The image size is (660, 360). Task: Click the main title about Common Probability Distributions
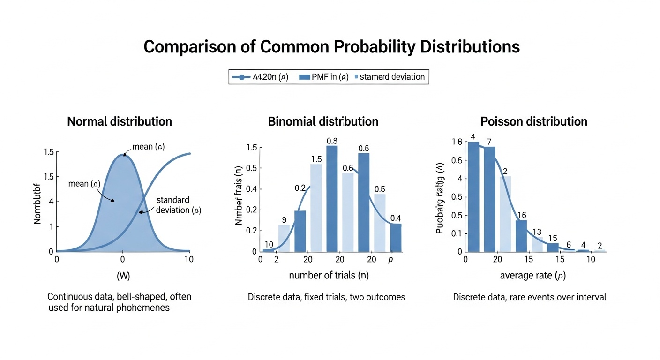pyautogui.click(x=331, y=47)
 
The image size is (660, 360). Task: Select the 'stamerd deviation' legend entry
pyautogui.click(x=392, y=77)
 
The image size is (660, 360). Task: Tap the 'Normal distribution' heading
pyautogui.click(x=120, y=121)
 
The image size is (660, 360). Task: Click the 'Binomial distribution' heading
pyautogui.click(x=323, y=121)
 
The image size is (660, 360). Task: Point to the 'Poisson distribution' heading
pyautogui.click(x=534, y=121)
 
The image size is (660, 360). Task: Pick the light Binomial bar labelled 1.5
pyautogui.click(x=316, y=208)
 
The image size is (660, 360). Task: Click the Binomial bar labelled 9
pyautogui.click(x=284, y=238)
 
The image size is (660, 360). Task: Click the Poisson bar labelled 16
pyautogui.click(x=521, y=236)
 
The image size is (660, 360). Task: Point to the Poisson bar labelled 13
pyautogui.click(x=537, y=244)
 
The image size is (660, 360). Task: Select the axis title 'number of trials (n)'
pyautogui.click(x=329, y=276)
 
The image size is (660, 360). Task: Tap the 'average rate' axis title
pyautogui.click(x=533, y=276)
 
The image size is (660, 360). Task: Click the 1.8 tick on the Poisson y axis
pyautogui.click(x=457, y=142)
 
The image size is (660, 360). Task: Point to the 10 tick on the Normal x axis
pyautogui.click(x=189, y=259)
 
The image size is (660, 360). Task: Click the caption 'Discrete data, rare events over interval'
pyautogui.click(x=530, y=297)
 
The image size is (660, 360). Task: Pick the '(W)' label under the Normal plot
pyautogui.click(x=123, y=276)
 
